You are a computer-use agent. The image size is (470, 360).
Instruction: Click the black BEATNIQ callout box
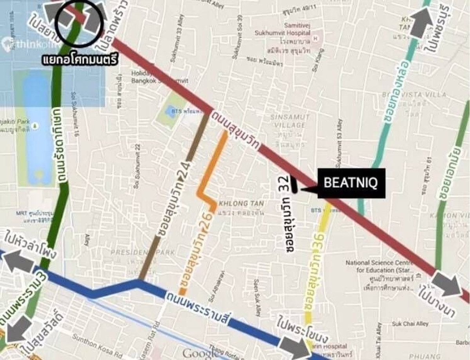[x=351, y=183]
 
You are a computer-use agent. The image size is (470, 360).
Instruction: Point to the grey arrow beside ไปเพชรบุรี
[x=421, y=22]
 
